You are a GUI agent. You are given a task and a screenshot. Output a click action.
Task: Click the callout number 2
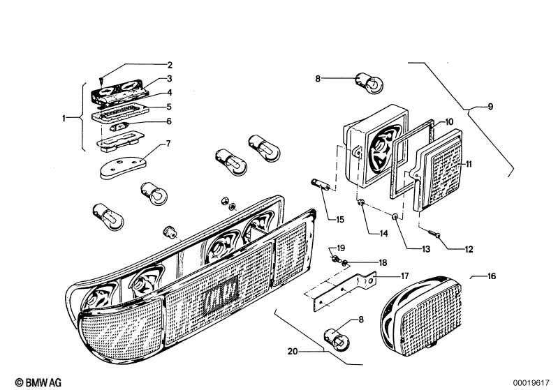(x=170, y=65)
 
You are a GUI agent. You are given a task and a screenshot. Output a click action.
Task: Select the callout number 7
(x=168, y=144)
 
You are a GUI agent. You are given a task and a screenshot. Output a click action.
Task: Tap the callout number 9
(x=490, y=106)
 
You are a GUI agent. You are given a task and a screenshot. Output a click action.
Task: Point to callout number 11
(x=469, y=164)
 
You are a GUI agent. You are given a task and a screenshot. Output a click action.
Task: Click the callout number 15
(x=340, y=220)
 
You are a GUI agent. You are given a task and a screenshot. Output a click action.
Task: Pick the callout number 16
(x=492, y=276)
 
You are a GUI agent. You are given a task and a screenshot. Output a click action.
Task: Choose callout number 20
(x=292, y=351)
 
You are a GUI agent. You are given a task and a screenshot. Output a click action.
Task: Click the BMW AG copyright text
(x=38, y=382)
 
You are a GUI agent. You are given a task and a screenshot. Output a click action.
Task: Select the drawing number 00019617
(x=531, y=383)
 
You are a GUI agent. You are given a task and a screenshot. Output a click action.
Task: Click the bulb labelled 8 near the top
(x=369, y=83)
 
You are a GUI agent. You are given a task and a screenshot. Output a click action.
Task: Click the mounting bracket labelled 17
(x=342, y=290)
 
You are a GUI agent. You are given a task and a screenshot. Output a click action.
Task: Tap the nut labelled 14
(x=360, y=202)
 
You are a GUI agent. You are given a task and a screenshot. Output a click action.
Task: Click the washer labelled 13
(x=395, y=216)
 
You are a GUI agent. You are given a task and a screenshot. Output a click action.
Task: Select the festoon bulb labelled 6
(x=119, y=126)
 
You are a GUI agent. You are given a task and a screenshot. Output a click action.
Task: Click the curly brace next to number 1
(x=80, y=117)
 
